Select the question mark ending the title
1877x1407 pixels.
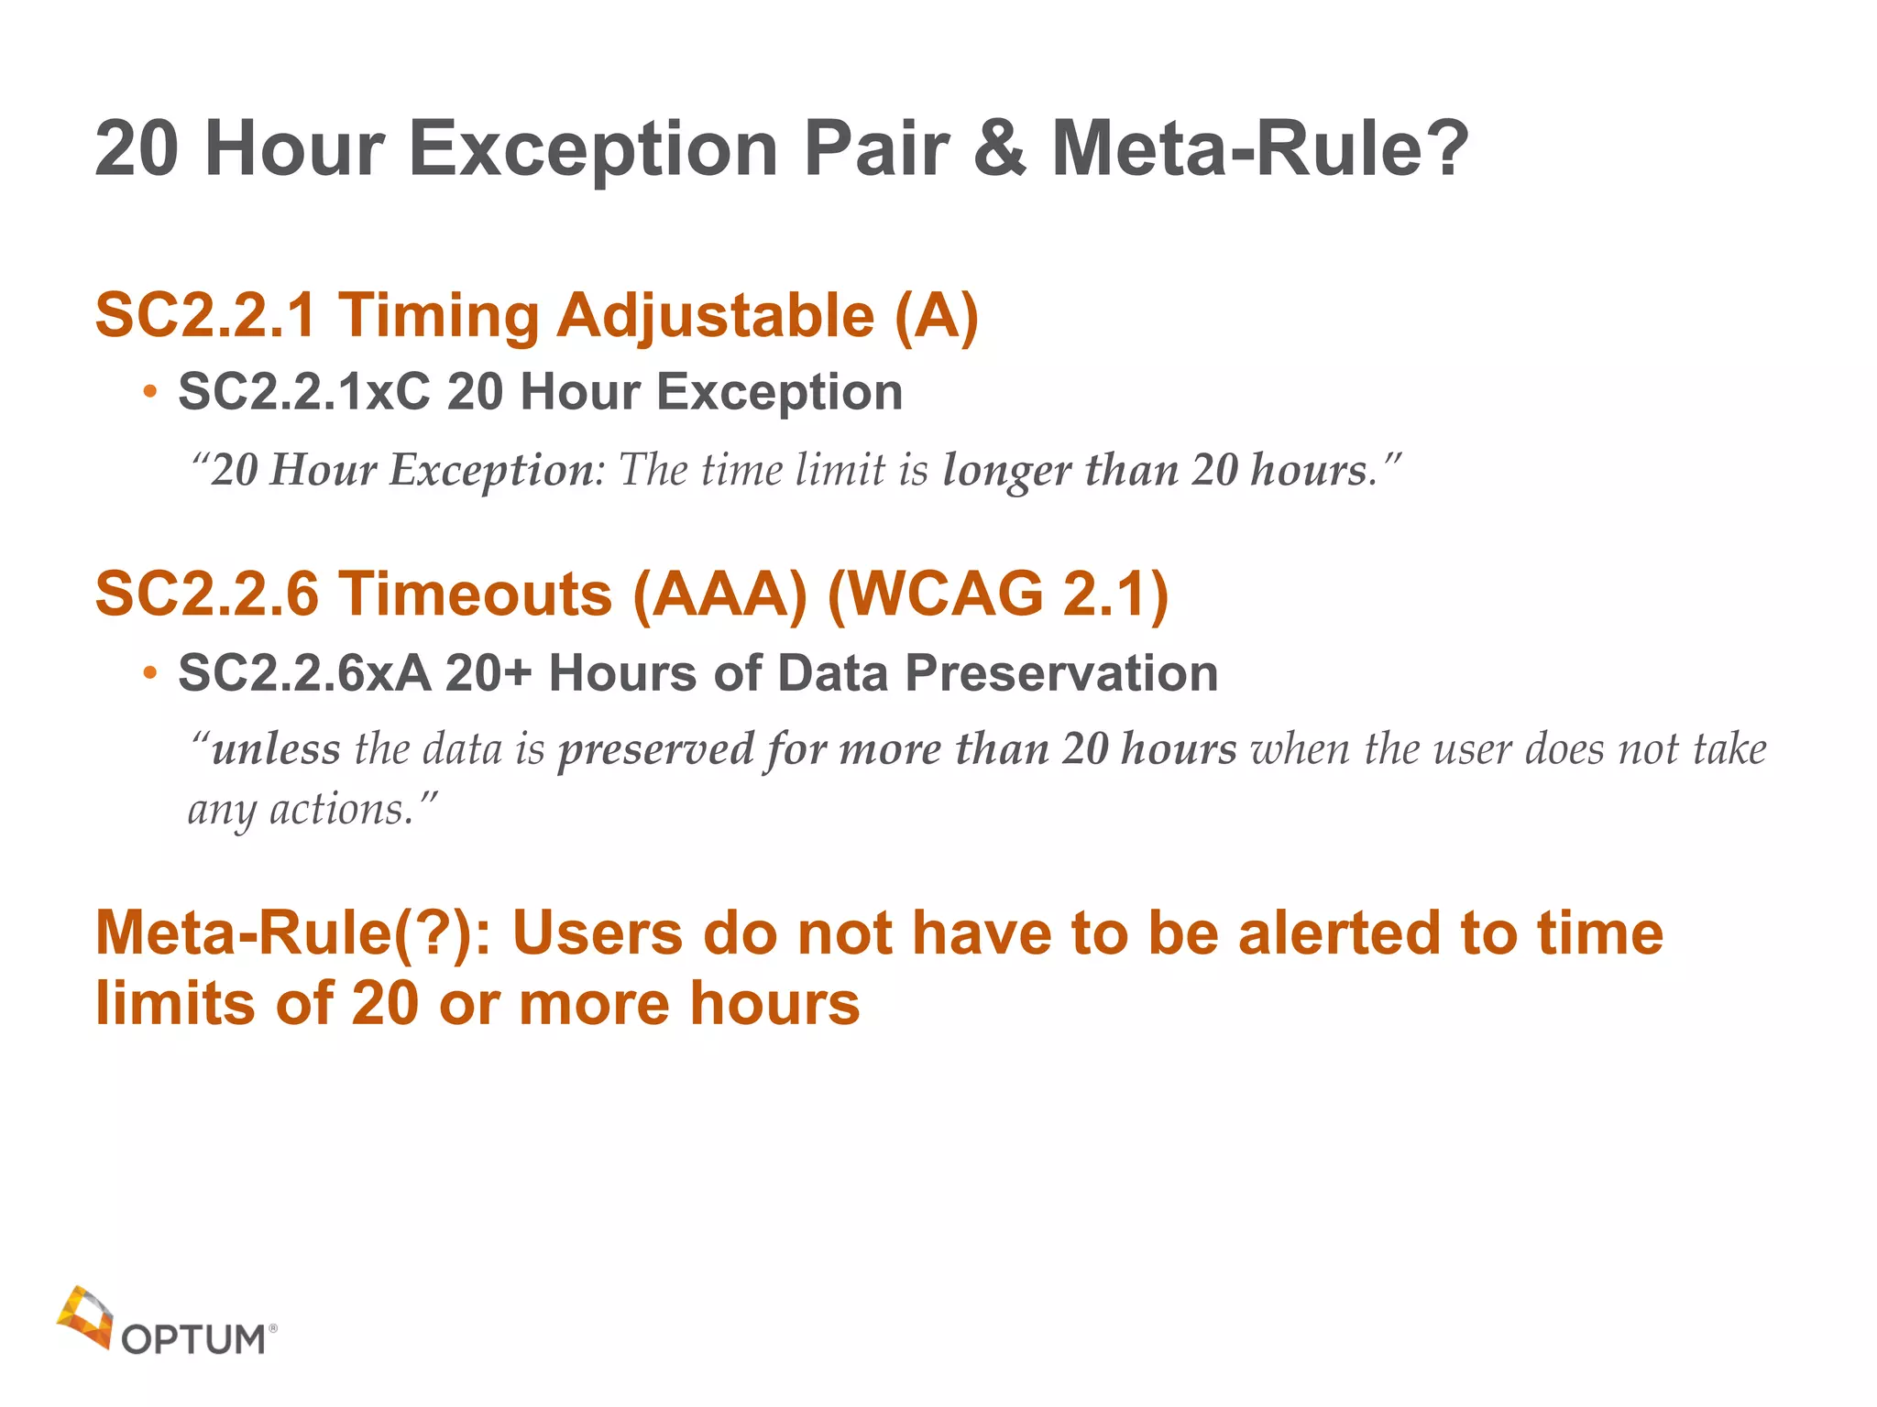pos(1446,149)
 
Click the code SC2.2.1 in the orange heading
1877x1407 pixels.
pos(206,316)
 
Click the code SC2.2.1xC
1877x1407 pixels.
pos(303,392)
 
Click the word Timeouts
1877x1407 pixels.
pos(476,594)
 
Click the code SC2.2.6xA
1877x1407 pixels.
pos(304,673)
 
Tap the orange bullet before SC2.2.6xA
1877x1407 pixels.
pos(150,675)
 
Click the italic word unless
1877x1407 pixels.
pos(276,749)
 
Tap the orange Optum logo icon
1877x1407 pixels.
pos(84,1317)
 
